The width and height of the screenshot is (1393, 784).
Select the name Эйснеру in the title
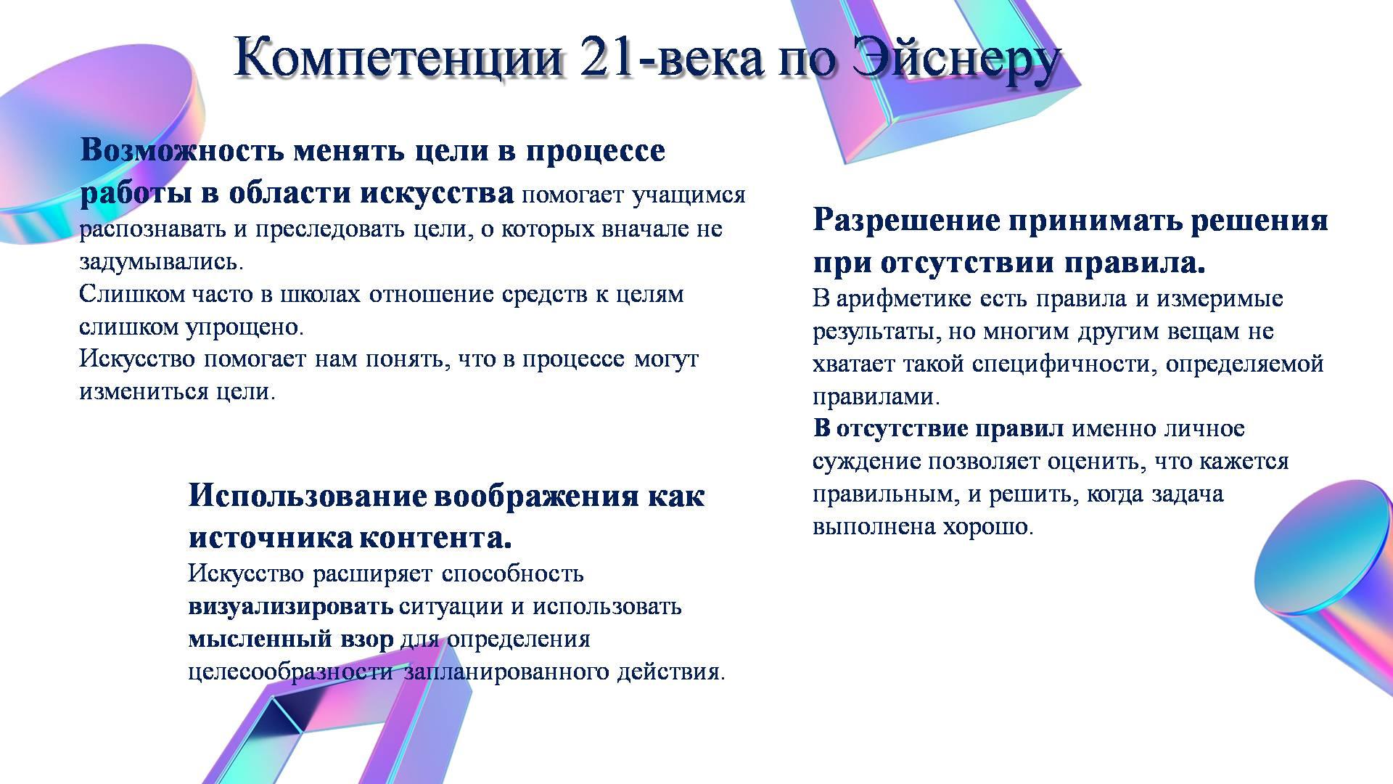(956, 60)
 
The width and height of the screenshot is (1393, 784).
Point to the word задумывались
(161, 262)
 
